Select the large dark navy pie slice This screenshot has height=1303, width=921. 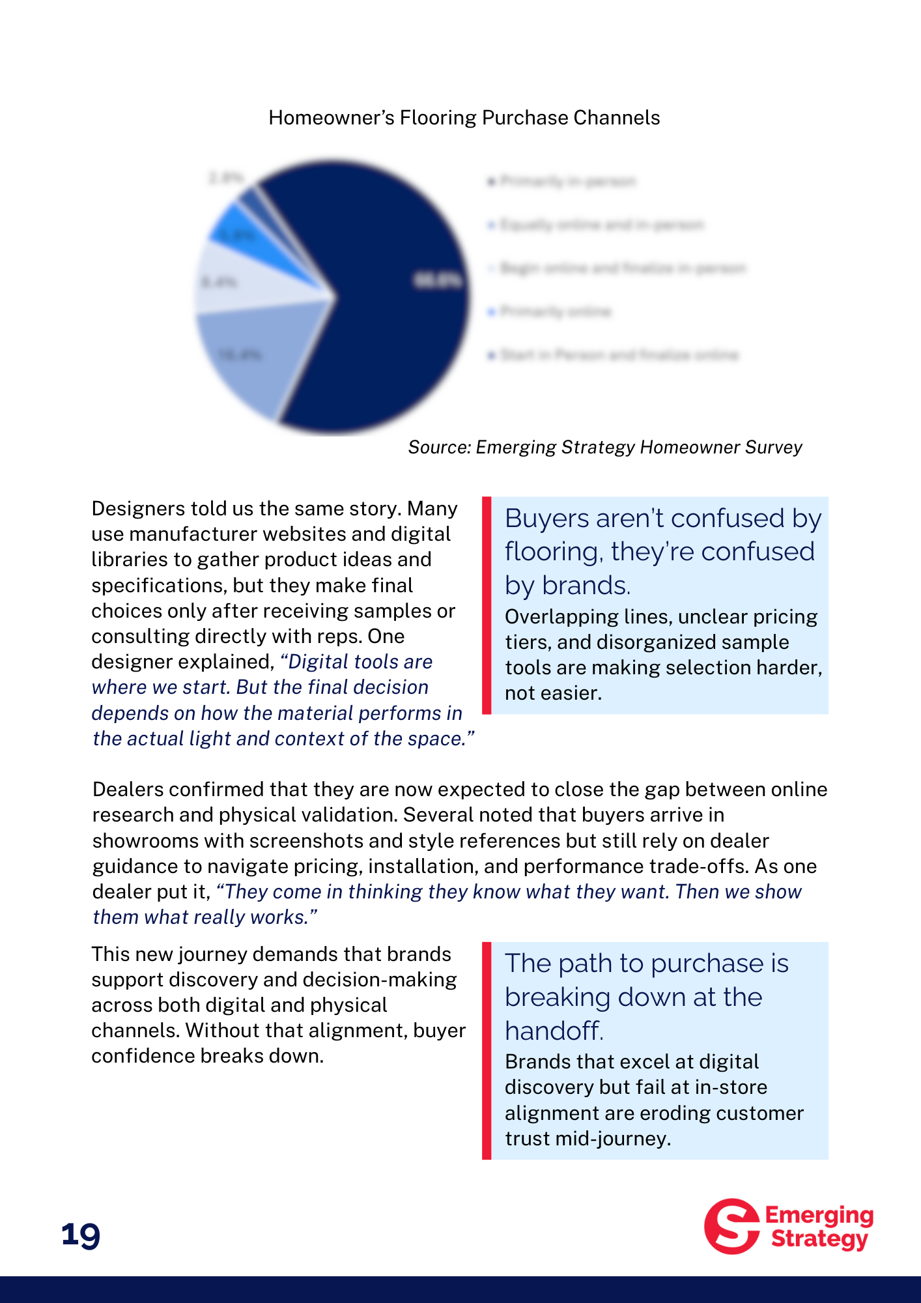391,293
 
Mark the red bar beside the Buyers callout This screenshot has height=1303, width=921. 487,605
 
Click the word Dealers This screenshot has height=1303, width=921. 128,790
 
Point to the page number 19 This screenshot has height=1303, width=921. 81,1235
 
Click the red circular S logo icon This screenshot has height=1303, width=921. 731,1226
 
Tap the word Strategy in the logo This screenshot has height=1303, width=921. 819,1239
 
